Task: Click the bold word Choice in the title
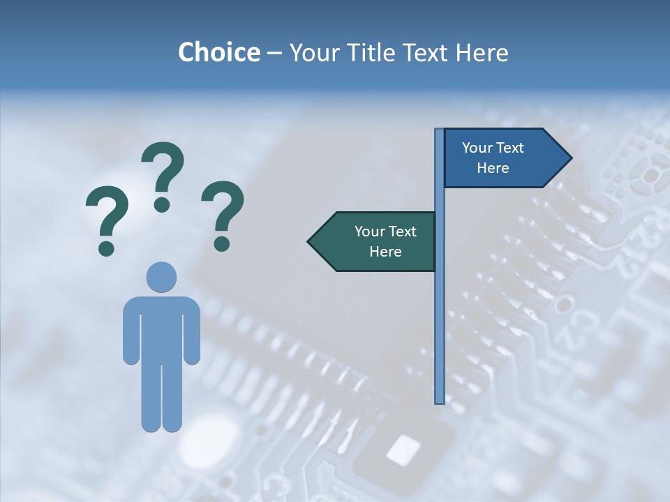(x=218, y=52)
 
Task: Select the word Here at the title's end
(x=482, y=52)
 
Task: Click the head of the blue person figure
(x=161, y=277)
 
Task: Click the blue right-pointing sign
(x=502, y=158)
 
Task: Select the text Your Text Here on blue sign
(x=493, y=158)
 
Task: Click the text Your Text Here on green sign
(x=385, y=241)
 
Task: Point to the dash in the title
(x=274, y=54)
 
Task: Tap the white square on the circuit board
(x=403, y=450)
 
